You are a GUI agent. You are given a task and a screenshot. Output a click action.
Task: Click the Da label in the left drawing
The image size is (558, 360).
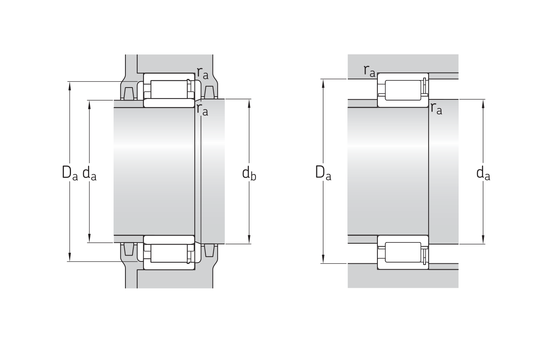[70, 172]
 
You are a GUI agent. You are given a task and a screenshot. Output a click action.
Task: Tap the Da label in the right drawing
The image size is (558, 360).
[323, 172]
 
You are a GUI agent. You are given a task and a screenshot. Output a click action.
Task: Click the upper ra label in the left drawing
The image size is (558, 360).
[203, 73]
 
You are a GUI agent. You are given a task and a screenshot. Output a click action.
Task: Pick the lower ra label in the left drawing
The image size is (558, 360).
[202, 110]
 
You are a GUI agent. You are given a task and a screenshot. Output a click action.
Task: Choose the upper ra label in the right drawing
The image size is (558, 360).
[370, 71]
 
